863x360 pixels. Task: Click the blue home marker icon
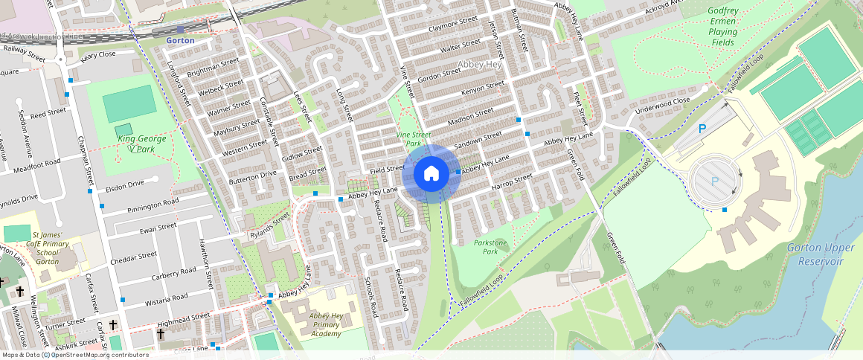point(431,174)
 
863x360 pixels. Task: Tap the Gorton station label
point(180,40)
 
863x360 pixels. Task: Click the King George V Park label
point(141,144)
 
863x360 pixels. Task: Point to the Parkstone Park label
point(490,247)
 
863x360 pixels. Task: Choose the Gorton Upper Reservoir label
point(820,254)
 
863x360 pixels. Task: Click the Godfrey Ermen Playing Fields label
point(722,27)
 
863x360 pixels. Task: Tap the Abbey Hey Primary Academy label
point(326,325)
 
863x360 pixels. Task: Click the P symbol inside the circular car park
point(715,181)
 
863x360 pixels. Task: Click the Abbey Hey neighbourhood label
point(481,65)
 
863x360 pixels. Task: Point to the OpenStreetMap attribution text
point(74,355)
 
